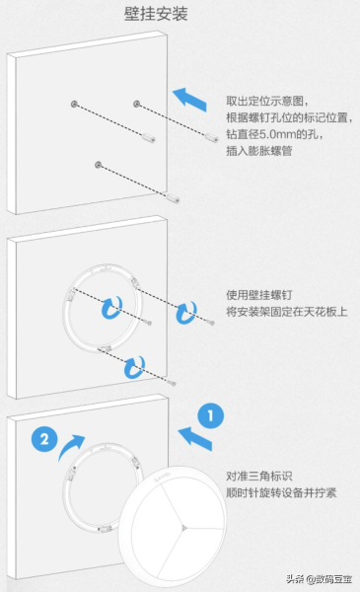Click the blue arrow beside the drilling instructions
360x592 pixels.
pos(191,97)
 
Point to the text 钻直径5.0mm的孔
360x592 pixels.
pos(273,135)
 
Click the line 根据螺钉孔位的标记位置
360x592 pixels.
pos(285,118)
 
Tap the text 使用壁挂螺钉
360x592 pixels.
pos(260,296)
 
